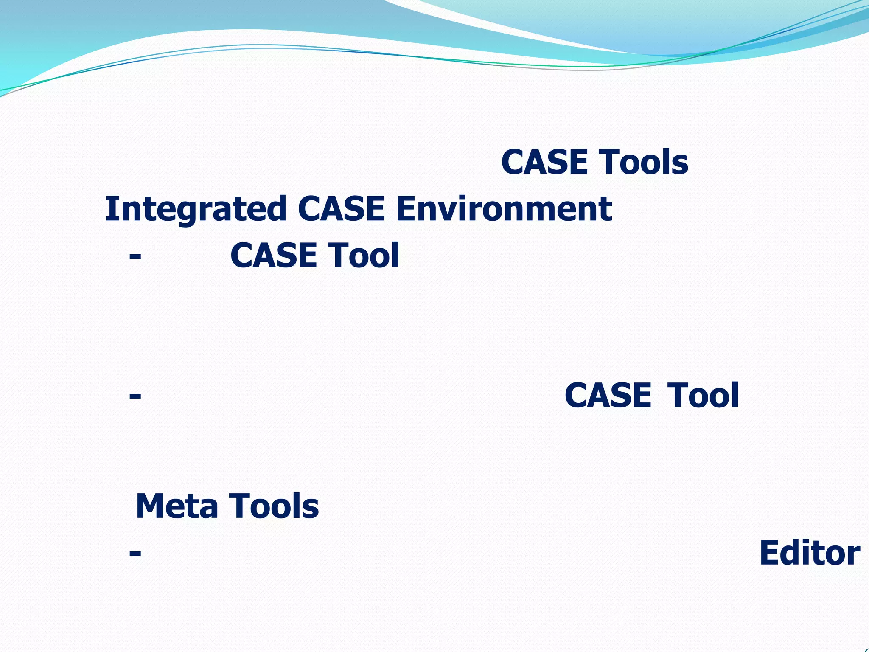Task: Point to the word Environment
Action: [504, 209]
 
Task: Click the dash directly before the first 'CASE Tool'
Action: [135, 256]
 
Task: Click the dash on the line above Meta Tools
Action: [135, 396]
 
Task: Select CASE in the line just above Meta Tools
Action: [608, 396]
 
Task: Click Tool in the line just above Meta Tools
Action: [703, 396]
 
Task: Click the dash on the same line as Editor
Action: [135, 553]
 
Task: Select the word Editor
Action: [810, 553]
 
